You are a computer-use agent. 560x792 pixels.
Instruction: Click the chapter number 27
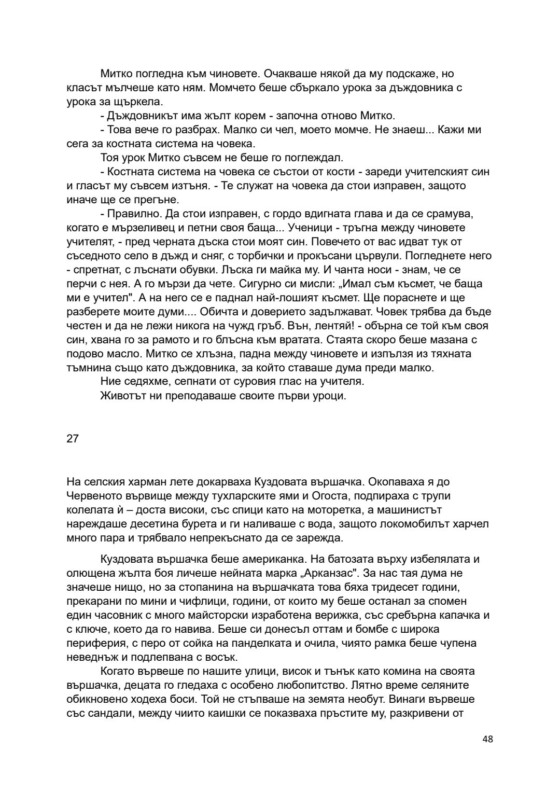(x=73, y=438)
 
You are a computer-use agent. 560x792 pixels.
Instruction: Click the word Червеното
(x=92, y=496)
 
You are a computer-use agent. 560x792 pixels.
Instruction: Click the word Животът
(x=123, y=396)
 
